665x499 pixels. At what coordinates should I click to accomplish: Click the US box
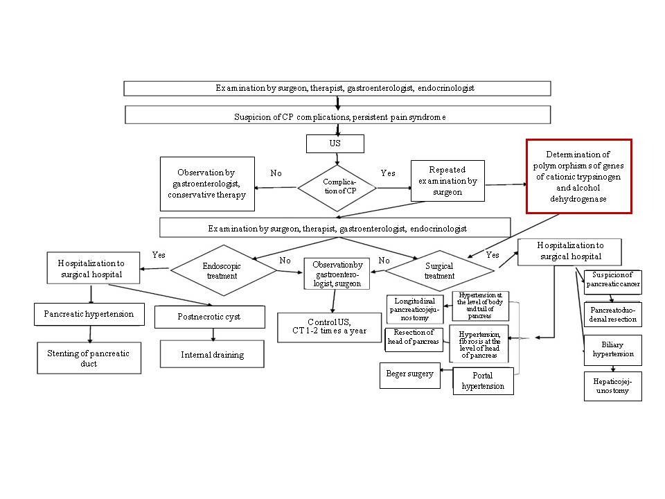(335, 143)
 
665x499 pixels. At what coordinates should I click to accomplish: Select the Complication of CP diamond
(337, 186)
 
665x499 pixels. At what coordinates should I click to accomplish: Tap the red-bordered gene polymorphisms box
(579, 176)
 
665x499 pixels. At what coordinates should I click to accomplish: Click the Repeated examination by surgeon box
(447, 181)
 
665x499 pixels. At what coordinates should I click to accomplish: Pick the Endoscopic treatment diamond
(223, 270)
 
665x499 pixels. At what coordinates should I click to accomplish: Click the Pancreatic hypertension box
(88, 314)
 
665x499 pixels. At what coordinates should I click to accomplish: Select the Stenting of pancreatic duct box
(89, 358)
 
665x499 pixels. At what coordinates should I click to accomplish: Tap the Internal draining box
(212, 354)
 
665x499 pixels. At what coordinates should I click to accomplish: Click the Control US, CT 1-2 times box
(329, 328)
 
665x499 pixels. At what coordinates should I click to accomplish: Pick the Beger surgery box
(410, 374)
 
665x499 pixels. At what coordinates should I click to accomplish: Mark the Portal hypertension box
(484, 381)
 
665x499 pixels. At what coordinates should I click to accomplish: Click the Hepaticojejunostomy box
(612, 385)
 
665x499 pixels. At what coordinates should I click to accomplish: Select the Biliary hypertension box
(612, 349)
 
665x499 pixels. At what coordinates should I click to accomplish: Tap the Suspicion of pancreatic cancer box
(612, 281)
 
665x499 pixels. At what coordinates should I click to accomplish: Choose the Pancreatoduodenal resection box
(612, 314)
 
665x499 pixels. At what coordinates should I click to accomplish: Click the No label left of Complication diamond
(276, 173)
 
